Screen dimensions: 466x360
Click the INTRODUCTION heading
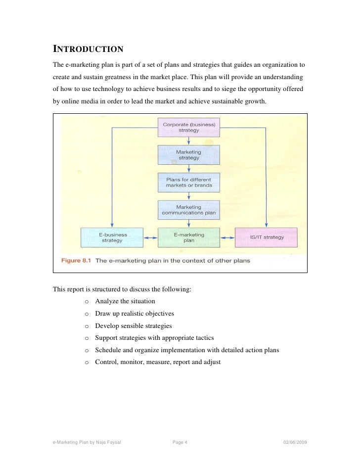tap(88, 49)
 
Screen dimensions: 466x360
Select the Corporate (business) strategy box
tap(189, 128)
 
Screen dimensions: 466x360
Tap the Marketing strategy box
tap(189, 155)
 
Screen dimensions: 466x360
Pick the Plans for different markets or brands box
tap(189, 182)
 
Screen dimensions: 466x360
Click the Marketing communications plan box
tap(189, 210)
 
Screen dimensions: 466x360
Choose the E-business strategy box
tap(112, 237)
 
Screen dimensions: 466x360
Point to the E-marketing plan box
tap(189, 237)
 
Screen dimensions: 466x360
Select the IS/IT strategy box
tap(266, 237)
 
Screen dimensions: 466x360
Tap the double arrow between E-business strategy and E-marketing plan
tap(151, 238)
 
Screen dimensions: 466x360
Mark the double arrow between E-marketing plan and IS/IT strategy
tap(227, 238)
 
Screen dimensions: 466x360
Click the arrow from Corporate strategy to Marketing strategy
tap(189, 141)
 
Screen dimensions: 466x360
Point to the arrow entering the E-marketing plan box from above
tap(189, 223)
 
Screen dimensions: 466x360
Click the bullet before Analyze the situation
tap(87, 301)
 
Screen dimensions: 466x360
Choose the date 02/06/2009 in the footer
tap(295, 442)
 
